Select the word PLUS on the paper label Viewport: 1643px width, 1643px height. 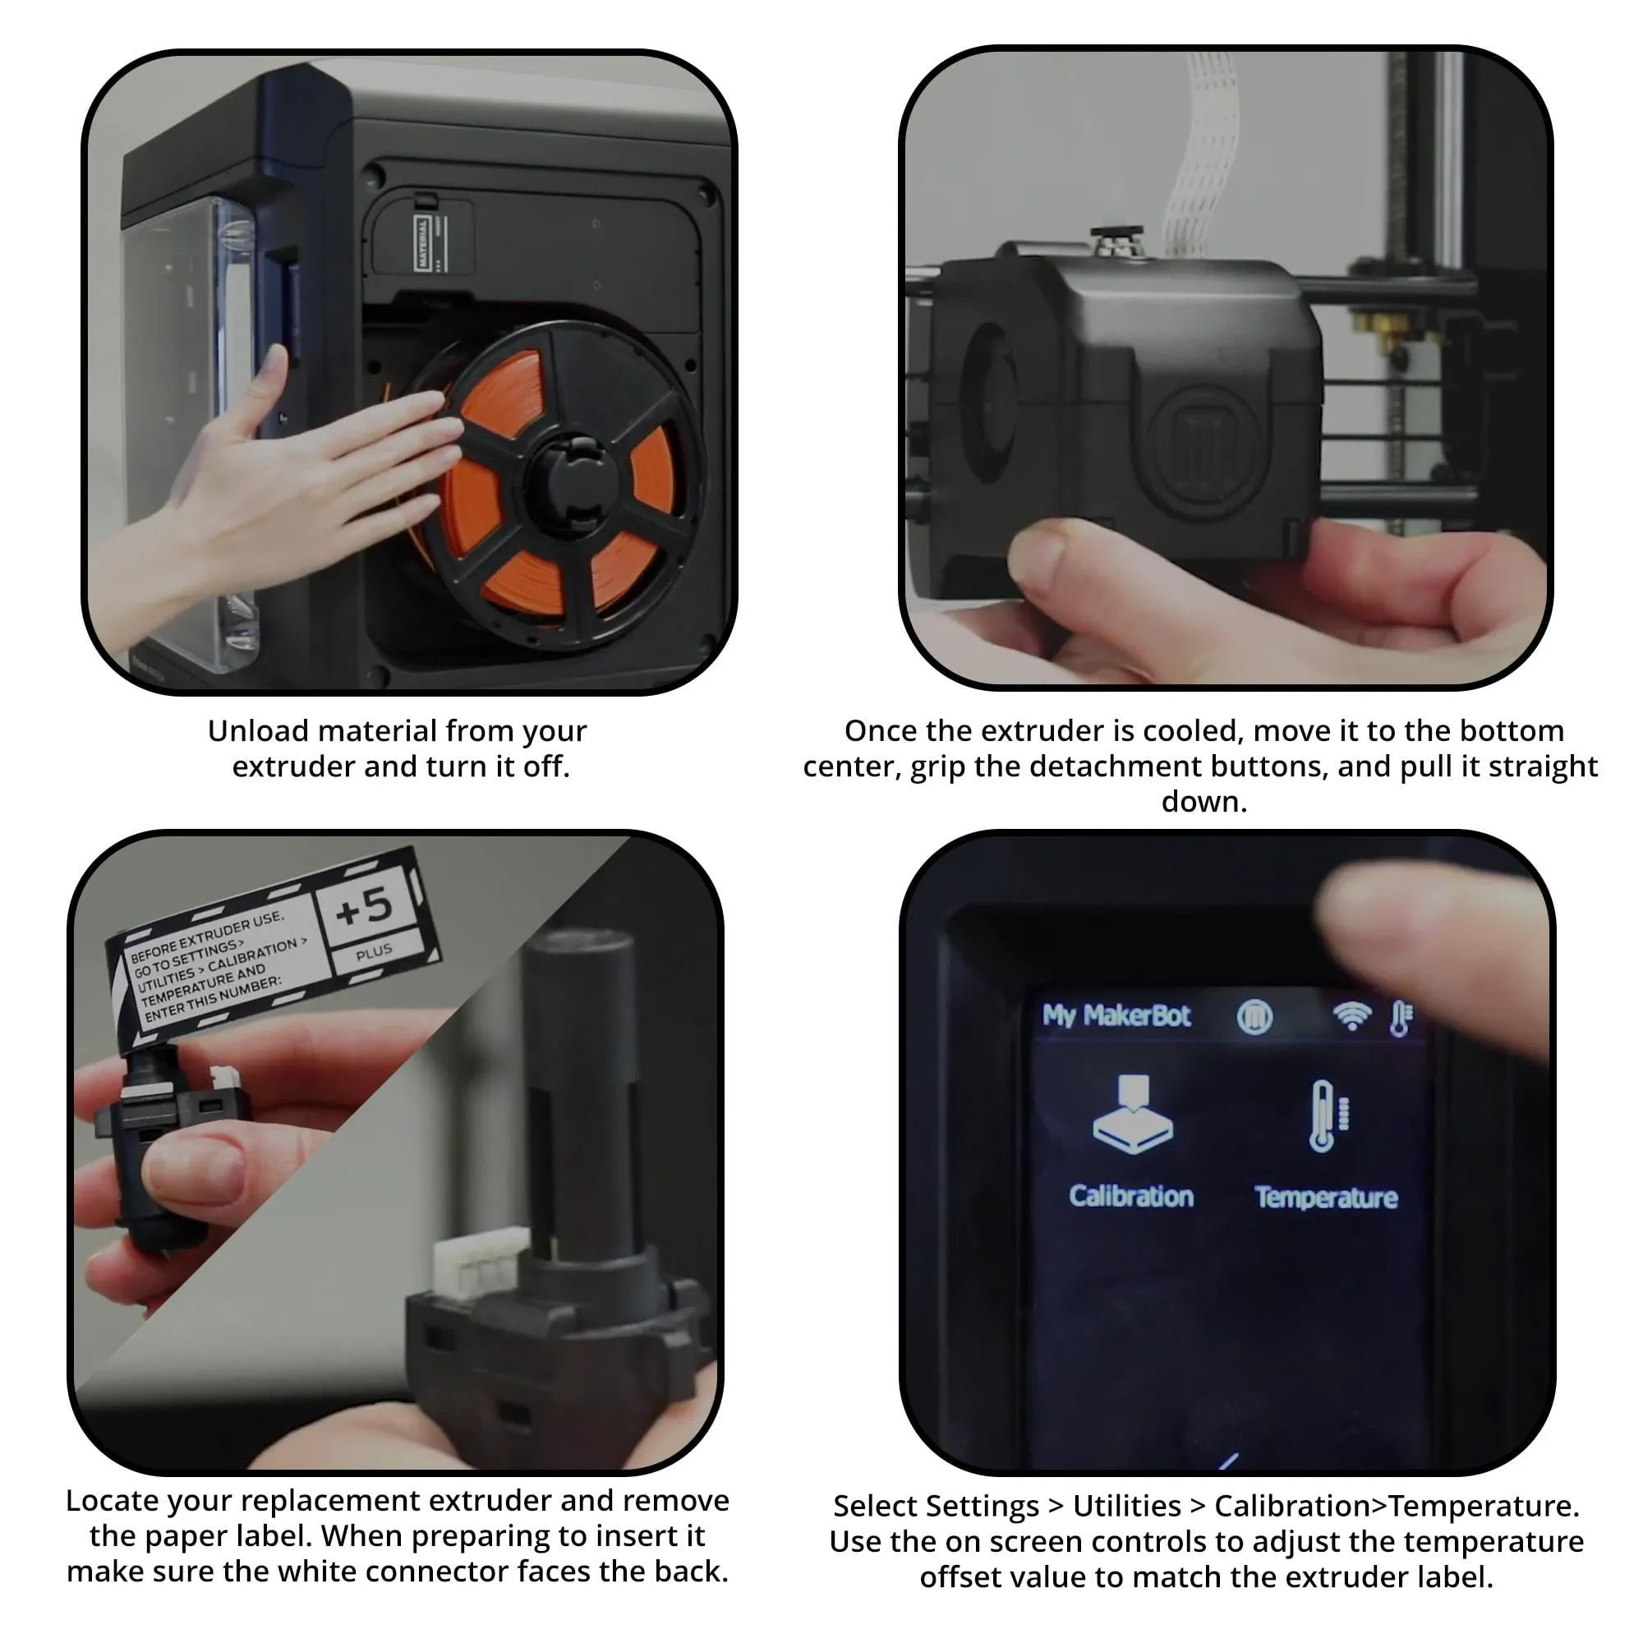tap(374, 952)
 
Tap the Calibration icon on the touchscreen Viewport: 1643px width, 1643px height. tap(1132, 1114)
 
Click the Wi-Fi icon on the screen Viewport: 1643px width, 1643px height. tap(1352, 1015)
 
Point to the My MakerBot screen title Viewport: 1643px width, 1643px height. tap(1116, 1015)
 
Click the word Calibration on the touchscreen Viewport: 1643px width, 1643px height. tap(1131, 1197)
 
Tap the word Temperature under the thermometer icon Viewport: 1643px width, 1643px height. tap(1326, 1198)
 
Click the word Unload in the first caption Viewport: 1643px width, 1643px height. tap(257, 730)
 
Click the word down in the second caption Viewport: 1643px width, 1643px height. tap(1203, 801)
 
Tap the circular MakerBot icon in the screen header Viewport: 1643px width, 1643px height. tap(1254, 1016)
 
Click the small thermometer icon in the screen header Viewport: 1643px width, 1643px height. tap(1401, 1018)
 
